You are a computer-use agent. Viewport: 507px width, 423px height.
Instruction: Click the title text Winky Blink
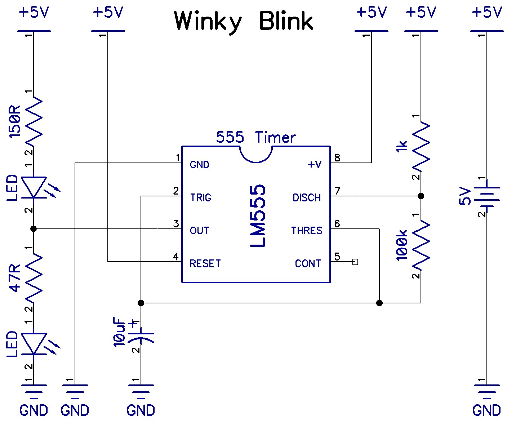(x=244, y=21)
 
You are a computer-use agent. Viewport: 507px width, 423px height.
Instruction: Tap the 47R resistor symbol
(x=34, y=277)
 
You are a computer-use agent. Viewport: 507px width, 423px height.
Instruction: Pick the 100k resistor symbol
(x=421, y=245)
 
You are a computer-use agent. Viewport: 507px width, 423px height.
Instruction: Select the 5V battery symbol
(x=486, y=197)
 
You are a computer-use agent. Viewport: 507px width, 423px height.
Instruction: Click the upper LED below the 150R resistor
(x=34, y=187)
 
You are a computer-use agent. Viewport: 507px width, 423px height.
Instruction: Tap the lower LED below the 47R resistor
(x=34, y=343)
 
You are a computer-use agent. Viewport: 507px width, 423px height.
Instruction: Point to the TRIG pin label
(x=201, y=197)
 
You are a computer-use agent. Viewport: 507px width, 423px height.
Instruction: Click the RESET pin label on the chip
(x=205, y=263)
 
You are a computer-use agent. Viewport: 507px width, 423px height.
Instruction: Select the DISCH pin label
(x=307, y=197)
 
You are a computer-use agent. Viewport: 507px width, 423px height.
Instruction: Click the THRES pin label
(x=307, y=231)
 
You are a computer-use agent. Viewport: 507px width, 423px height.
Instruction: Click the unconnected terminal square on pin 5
(x=355, y=262)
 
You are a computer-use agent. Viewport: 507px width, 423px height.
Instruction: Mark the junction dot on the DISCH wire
(x=421, y=196)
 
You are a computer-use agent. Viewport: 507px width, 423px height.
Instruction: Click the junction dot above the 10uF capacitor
(x=141, y=303)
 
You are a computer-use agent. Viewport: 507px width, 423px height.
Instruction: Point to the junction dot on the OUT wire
(x=34, y=229)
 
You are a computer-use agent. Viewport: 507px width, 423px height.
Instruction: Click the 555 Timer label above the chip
(x=256, y=137)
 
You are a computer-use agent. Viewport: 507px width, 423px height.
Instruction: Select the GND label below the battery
(x=486, y=410)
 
